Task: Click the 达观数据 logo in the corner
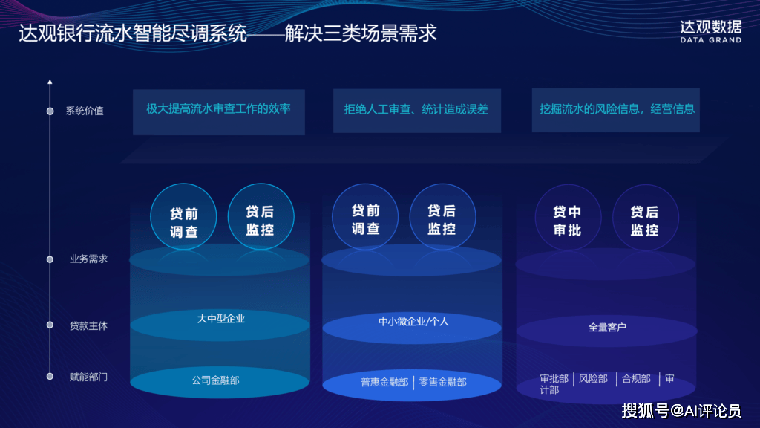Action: [710, 31]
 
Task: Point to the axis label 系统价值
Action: [85, 111]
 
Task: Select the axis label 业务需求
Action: [88, 259]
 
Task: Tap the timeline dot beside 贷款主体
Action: [50, 325]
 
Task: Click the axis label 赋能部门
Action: [88, 377]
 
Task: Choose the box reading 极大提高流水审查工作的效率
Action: [219, 112]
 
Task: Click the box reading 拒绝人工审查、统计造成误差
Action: [417, 111]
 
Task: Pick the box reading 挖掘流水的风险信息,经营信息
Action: [615, 110]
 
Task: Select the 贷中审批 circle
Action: [568, 218]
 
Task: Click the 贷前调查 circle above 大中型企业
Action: [183, 216]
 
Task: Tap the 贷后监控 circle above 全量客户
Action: [645, 218]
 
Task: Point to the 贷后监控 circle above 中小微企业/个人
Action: [442, 216]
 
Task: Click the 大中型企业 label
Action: [221, 319]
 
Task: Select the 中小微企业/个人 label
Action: [413, 322]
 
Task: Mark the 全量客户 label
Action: [607, 328]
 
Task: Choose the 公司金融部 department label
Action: [216, 380]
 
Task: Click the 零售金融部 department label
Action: [442, 383]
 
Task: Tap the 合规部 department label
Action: [636, 379]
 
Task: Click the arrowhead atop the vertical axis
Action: [50, 82]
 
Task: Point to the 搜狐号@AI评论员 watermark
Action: [681, 411]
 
